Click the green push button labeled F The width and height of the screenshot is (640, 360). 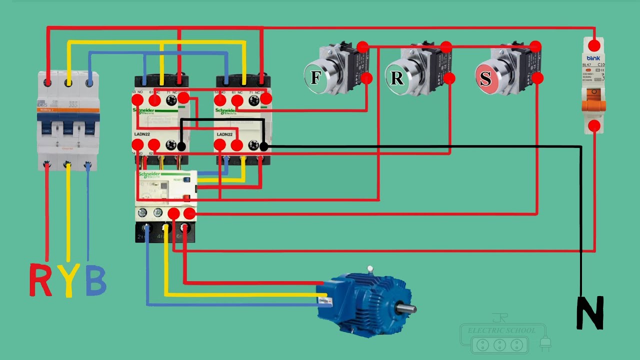tap(315, 77)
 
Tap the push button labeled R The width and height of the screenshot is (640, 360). tap(396, 77)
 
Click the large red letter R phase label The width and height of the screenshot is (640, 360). tap(40, 280)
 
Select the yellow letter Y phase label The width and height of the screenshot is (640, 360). tap(68, 280)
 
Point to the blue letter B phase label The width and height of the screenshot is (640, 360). tap(95, 280)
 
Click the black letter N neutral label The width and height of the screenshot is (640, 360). tap(590, 313)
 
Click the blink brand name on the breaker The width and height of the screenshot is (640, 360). tap(593, 58)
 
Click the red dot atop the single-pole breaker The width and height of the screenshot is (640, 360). tap(594, 46)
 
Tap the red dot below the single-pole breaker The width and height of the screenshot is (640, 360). tap(594, 125)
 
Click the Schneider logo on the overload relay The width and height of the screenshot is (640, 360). tap(150, 174)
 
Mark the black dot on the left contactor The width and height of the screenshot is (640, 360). tap(181, 146)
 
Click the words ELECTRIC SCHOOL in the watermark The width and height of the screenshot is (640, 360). tap(501, 330)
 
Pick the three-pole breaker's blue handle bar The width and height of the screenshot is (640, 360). tap(68, 118)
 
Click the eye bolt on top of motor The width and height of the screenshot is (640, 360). tap(370, 269)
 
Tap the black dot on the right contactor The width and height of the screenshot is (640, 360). tap(264, 146)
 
